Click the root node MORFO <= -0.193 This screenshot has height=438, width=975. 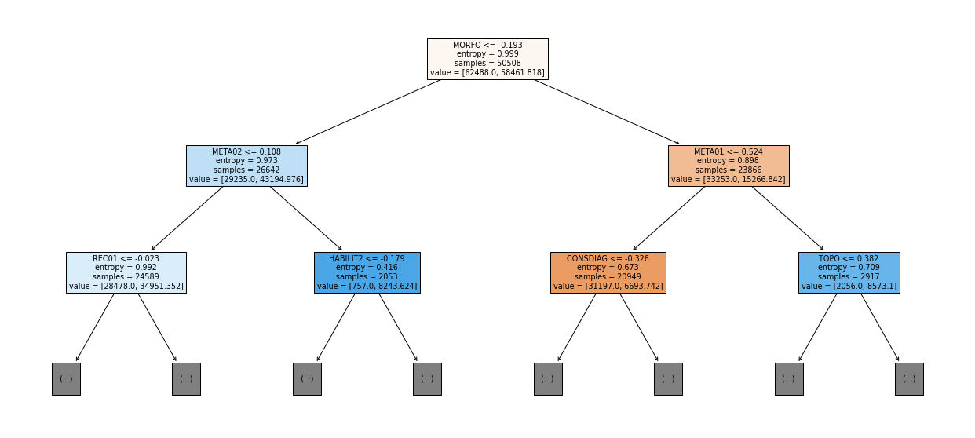(487, 59)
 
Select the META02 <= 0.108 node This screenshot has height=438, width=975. (246, 166)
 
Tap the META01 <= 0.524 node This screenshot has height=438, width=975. (729, 166)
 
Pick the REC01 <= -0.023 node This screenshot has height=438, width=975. (126, 272)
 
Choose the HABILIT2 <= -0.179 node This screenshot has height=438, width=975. (367, 272)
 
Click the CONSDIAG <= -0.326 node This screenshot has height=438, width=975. (608, 272)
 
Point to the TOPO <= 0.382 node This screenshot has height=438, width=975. (849, 272)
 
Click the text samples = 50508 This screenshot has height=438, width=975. (487, 63)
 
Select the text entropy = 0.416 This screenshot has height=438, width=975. (367, 268)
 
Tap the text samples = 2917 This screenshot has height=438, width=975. (849, 276)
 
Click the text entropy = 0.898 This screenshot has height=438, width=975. (729, 161)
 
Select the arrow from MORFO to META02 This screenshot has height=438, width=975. (368, 112)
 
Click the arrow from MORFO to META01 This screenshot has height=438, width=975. (607, 112)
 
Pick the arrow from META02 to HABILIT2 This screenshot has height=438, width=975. (306, 218)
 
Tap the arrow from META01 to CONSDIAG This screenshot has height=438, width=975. (669, 218)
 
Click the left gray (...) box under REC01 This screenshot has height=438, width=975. (66, 379)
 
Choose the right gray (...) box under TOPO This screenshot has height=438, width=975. (909, 379)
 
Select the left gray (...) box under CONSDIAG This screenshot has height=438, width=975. (548, 379)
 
